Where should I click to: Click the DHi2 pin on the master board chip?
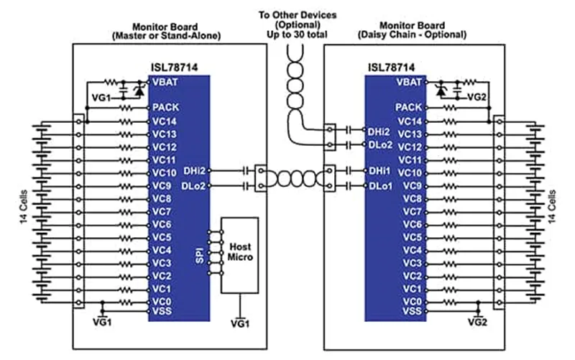click(x=195, y=172)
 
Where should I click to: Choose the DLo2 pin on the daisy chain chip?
click(x=380, y=145)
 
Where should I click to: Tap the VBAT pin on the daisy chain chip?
click(x=410, y=81)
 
